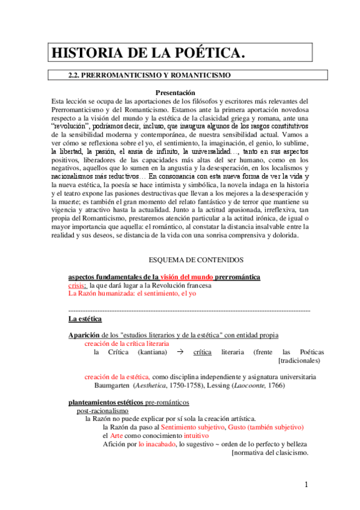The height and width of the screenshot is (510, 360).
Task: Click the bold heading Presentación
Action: [175, 93]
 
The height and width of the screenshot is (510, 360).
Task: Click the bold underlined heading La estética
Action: [85, 318]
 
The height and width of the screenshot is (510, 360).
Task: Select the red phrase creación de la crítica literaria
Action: [126, 343]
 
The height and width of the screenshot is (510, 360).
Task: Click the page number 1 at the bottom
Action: [305, 485]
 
